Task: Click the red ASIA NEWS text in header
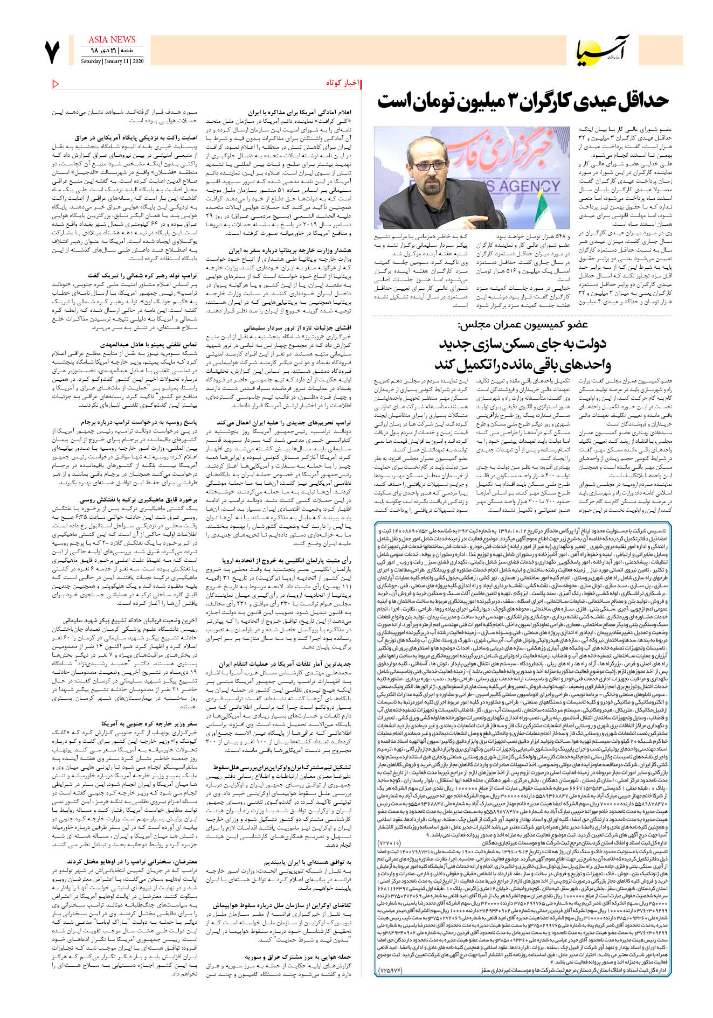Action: coord(112,40)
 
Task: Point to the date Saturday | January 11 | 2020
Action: coord(112,61)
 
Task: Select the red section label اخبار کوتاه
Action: coord(342,83)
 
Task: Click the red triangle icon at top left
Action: coord(56,83)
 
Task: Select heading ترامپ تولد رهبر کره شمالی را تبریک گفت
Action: coord(142,276)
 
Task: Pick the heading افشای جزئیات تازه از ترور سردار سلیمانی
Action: coord(297,327)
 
